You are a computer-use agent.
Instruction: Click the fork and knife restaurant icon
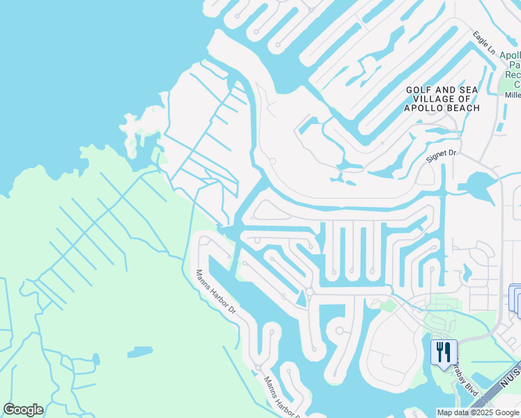(x=444, y=352)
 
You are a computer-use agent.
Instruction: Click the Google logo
(x=23, y=410)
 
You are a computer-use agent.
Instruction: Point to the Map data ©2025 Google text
(x=478, y=412)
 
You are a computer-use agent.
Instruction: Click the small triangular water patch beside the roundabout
(x=301, y=297)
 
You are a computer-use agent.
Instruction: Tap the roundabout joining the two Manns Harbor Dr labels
(x=258, y=368)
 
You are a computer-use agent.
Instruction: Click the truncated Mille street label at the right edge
(x=513, y=95)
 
